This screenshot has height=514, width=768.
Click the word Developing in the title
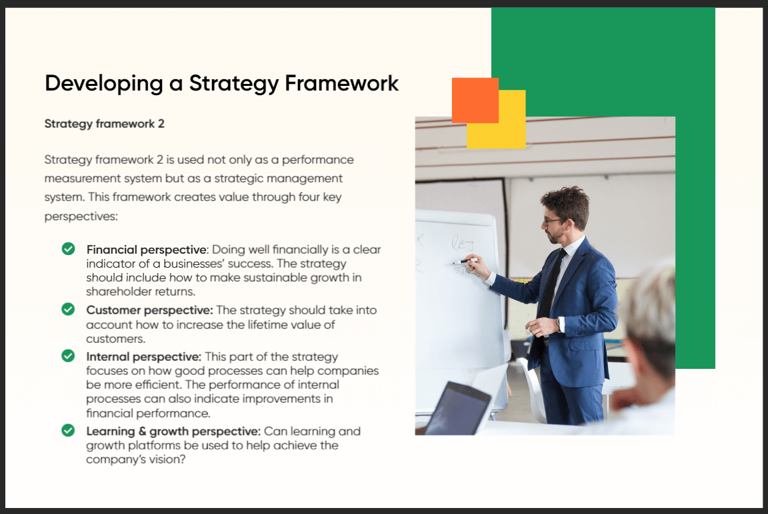pyautogui.click(x=104, y=84)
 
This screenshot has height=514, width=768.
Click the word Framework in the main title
pyautogui.click(x=341, y=83)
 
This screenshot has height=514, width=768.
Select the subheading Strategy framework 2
pyautogui.click(x=104, y=124)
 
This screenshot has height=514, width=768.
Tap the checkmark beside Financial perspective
pyautogui.click(x=69, y=249)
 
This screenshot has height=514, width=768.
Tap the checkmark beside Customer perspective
pyautogui.click(x=69, y=309)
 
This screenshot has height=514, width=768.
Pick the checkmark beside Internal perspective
pyautogui.click(x=69, y=356)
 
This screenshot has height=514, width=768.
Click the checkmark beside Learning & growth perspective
pyautogui.click(x=69, y=430)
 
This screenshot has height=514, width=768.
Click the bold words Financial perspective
pyautogui.click(x=147, y=250)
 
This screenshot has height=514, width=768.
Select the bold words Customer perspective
pyautogui.click(x=149, y=310)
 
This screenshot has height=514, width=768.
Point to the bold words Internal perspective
pyautogui.click(x=143, y=357)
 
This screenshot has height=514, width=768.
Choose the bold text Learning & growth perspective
pyautogui.click(x=173, y=431)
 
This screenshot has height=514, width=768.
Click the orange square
pyautogui.click(x=475, y=101)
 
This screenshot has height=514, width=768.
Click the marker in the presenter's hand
pyautogui.click(x=465, y=261)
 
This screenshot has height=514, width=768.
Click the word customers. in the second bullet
pyautogui.click(x=115, y=339)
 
